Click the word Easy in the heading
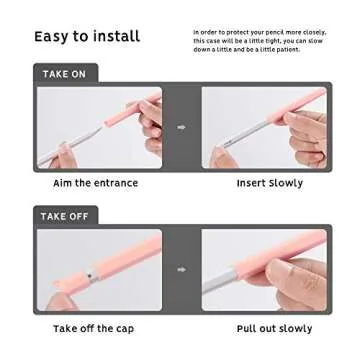(x=53, y=37)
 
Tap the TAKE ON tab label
(x=64, y=74)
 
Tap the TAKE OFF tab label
(x=65, y=216)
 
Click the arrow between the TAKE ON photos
(x=181, y=128)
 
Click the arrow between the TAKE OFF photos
(x=181, y=269)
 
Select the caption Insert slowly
(x=270, y=184)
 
